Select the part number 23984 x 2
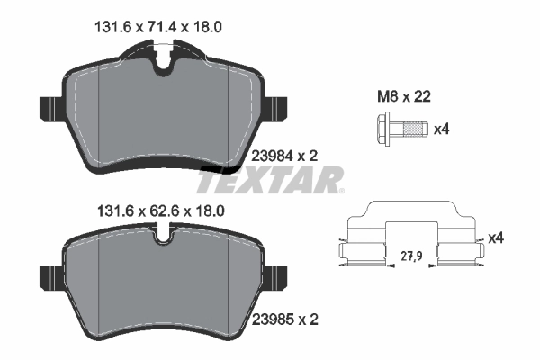[289, 156]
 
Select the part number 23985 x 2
[289, 318]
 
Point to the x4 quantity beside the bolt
[441, 130]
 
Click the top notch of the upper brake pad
[163, 63]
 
